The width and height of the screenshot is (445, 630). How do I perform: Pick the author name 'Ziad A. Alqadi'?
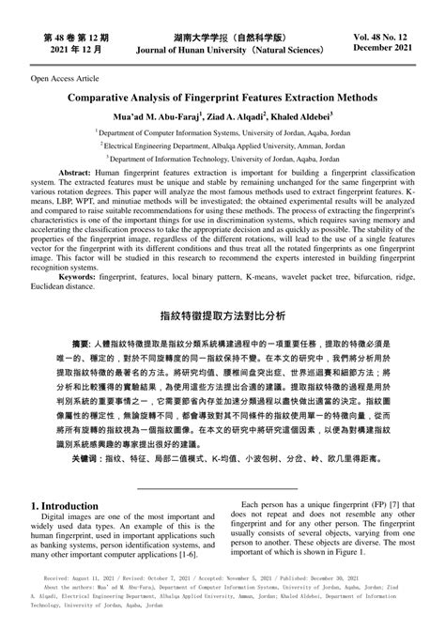pos(228,116)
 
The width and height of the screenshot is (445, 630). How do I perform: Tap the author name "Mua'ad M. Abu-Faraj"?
pos(151,116)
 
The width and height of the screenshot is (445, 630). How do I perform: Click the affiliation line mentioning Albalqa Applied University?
pos(222,146)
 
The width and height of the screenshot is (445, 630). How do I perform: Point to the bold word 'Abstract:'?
pos(77,176)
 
